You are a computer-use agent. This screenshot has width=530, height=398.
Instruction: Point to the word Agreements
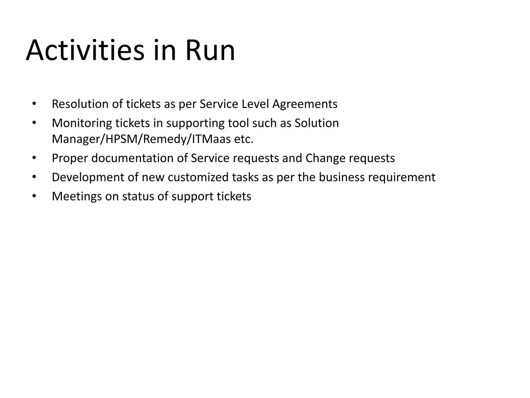point(305,104)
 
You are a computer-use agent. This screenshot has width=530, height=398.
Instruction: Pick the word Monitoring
point(82,123)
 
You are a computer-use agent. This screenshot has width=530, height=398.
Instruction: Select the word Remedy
point(166,139)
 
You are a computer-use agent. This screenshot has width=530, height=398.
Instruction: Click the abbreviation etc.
point(244,139)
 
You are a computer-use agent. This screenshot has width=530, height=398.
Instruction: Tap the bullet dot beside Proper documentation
point(34,158)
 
